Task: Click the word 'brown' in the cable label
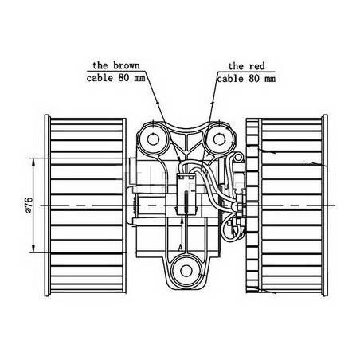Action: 127,65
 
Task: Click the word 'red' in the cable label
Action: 256,66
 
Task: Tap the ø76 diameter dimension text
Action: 29,205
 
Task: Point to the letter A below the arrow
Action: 181,248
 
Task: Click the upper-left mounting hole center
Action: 153,139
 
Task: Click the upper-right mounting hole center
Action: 219,139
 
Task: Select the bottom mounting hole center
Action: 186,271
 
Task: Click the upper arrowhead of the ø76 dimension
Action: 33,162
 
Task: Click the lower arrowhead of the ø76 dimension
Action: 33,248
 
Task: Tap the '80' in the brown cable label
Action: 123,78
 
